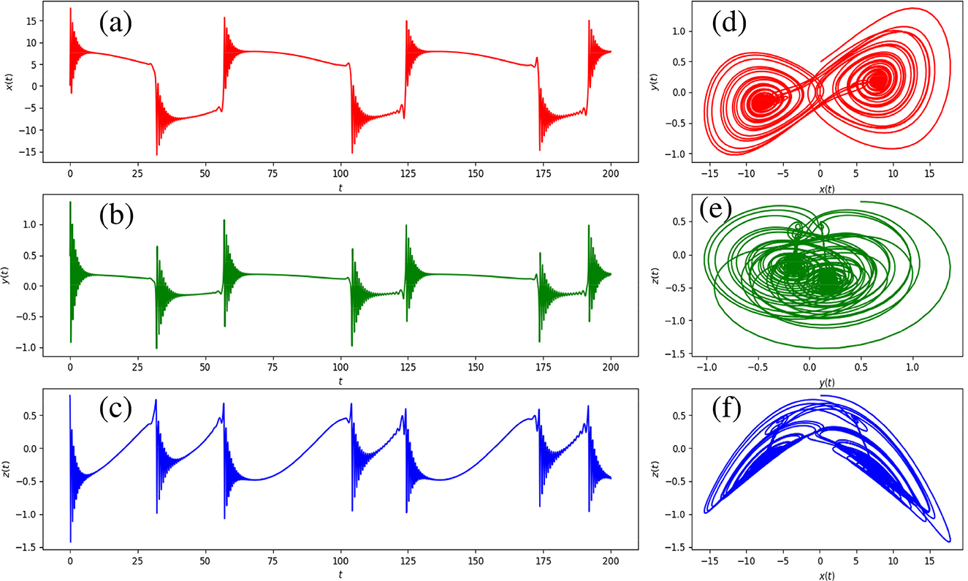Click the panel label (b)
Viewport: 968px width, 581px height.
point(115,219)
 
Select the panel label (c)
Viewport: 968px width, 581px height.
point(115,412)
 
